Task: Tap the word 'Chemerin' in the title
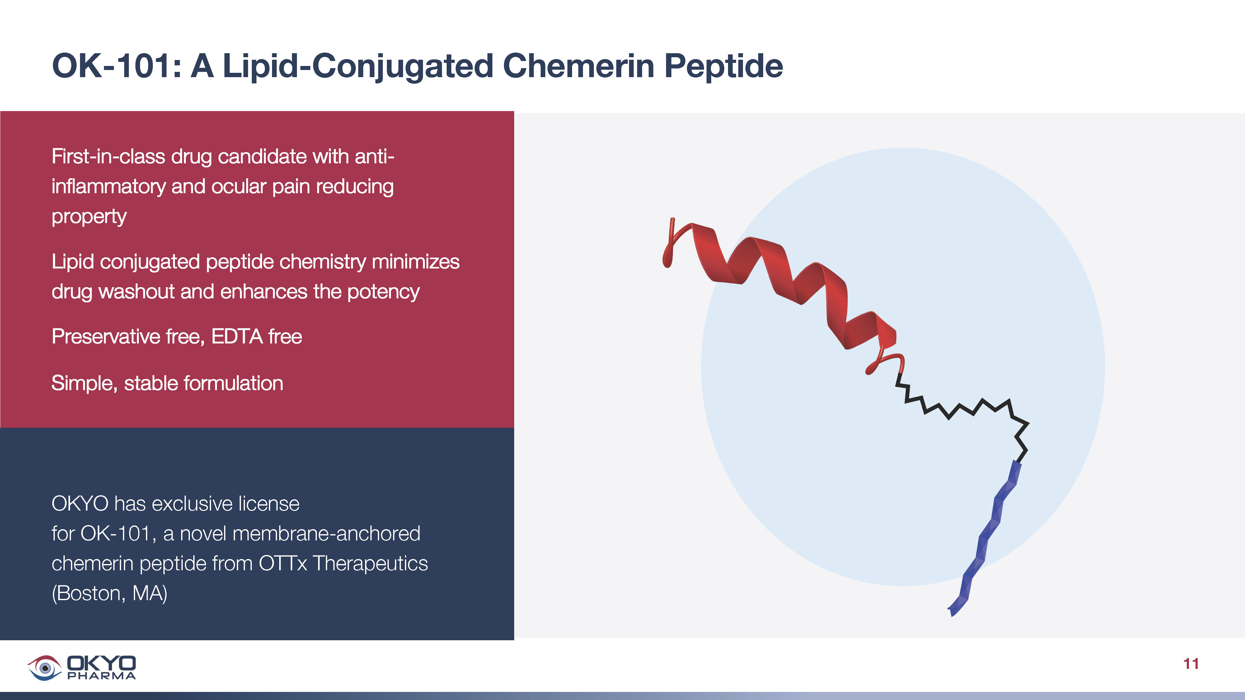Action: (578, 66)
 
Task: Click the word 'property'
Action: (89, 217)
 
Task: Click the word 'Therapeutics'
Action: (370, 564)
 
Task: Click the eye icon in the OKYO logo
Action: (45, 668)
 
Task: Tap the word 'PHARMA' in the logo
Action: (101, 676)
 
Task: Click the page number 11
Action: (1191, 664)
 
